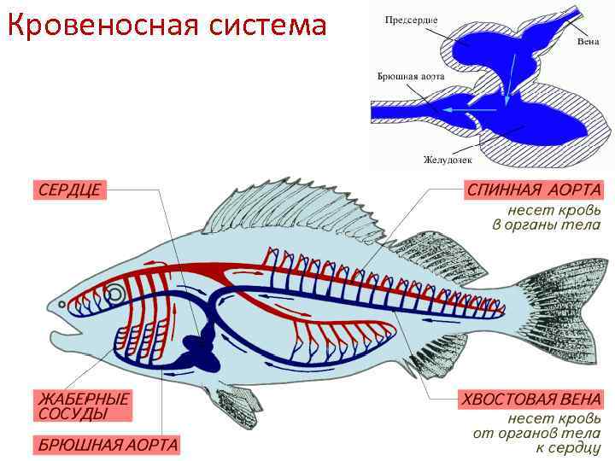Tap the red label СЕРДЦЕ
point(69,190)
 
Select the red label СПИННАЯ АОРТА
point(533,190)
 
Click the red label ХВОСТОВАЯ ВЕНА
point(530,400)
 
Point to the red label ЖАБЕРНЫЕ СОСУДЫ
point(83,406)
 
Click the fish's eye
point(114,296)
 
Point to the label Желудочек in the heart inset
point(445,159)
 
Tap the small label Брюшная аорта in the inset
point(411,76)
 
